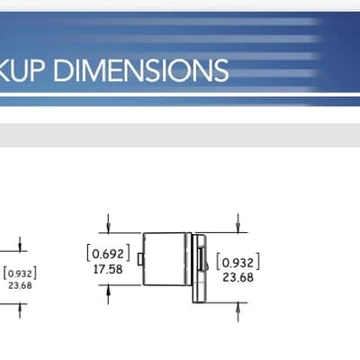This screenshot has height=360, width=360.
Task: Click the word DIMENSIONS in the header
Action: pos(141,70)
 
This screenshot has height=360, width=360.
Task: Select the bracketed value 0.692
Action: pos(108,254)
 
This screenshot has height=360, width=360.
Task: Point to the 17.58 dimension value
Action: pos(108,269)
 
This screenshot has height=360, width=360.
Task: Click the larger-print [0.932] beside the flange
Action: pos(238,262)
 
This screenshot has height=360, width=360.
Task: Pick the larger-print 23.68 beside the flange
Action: pos(238,277)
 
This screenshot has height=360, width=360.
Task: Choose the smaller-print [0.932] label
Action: pos(20,274)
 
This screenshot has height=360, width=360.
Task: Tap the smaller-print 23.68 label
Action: pos(20,285)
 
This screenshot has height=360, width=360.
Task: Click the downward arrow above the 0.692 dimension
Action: pos(108,223)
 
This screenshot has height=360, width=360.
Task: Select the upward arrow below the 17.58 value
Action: pos(108,294)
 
